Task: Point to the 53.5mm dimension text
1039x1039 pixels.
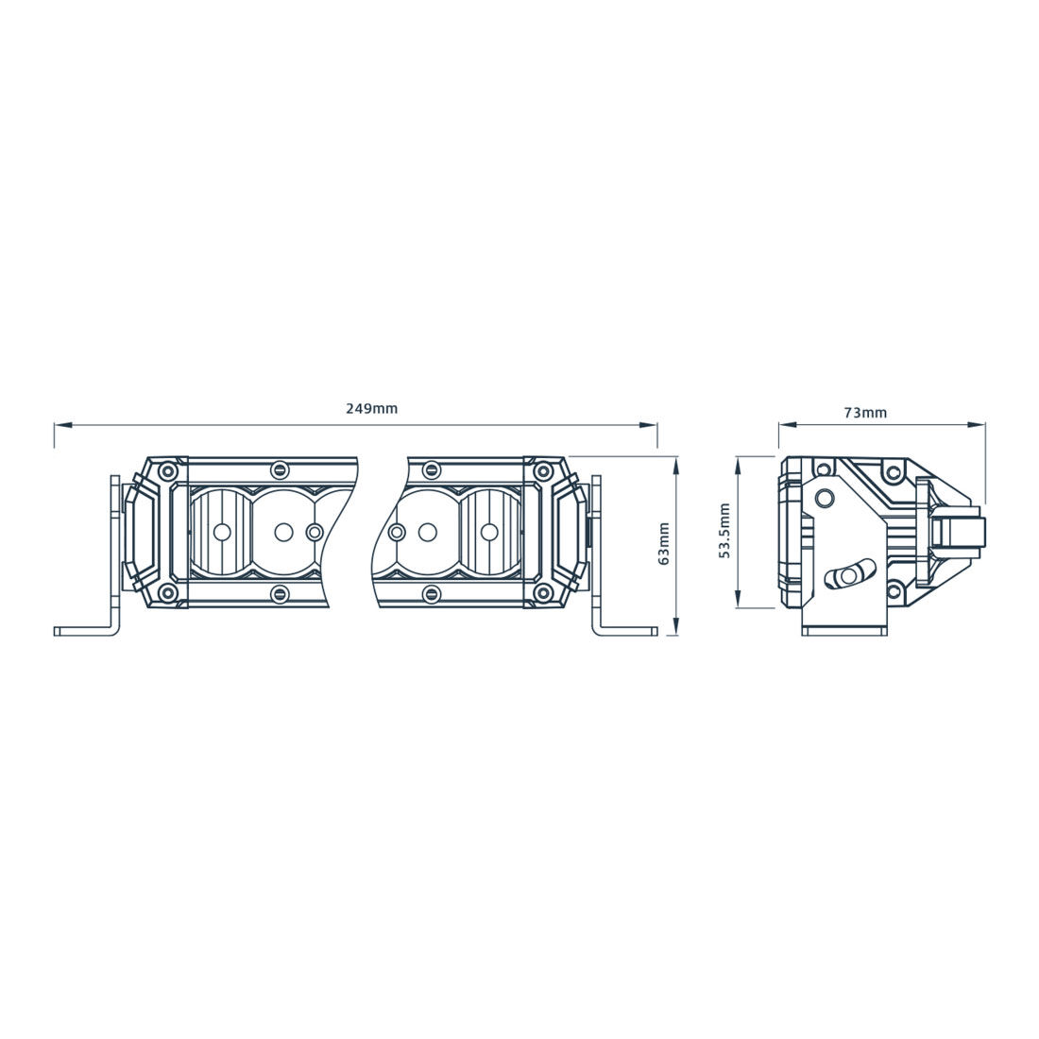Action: pos(724,531)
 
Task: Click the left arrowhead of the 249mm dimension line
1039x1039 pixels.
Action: pos(60,426)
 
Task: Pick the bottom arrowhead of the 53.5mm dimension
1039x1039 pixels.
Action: pos(738,600)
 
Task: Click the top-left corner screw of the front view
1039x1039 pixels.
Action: pos(167,470)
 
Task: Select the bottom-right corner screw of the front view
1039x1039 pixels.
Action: pos(542,593)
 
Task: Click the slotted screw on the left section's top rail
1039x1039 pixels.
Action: pos(279,469)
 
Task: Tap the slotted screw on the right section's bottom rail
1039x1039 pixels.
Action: pos(432,593)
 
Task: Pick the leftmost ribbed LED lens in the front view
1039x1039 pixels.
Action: pos(219,532)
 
